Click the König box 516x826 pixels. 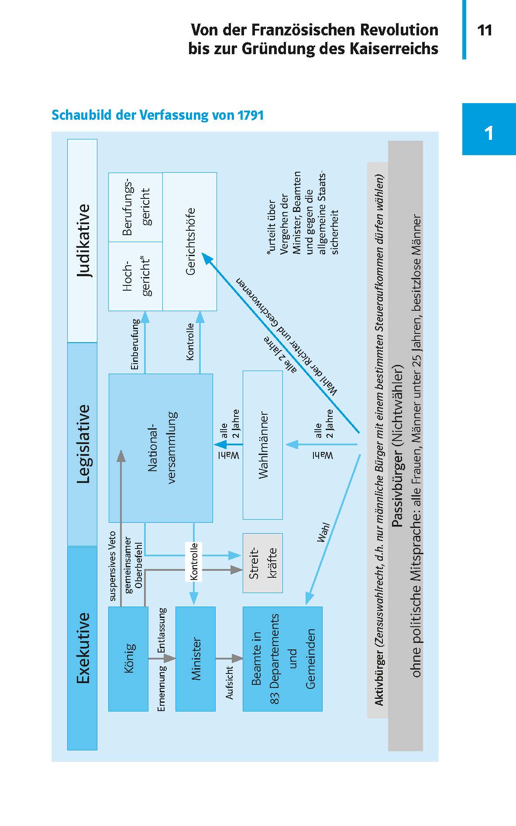[x=128, y=658]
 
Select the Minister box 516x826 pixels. [x=195, y=658]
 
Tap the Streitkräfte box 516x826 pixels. [x=262, y=563]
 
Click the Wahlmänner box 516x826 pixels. [x=262, y=445]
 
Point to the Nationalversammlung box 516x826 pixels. [x=161, y=448]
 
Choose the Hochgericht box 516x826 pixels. [x=135, y=276]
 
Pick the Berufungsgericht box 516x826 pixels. [x=135, y=207]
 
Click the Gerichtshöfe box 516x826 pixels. [x=189, y=241]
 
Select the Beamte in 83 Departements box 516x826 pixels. [x=282, y=658]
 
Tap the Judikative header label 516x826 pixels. [x=83, y=240]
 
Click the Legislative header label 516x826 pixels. [x=83, y=444]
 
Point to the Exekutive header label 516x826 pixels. [x=83, y=648]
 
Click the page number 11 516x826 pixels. [x=485, y=31]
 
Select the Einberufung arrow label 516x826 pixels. [x=135, y=345]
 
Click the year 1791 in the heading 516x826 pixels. [x=251, y=115]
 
